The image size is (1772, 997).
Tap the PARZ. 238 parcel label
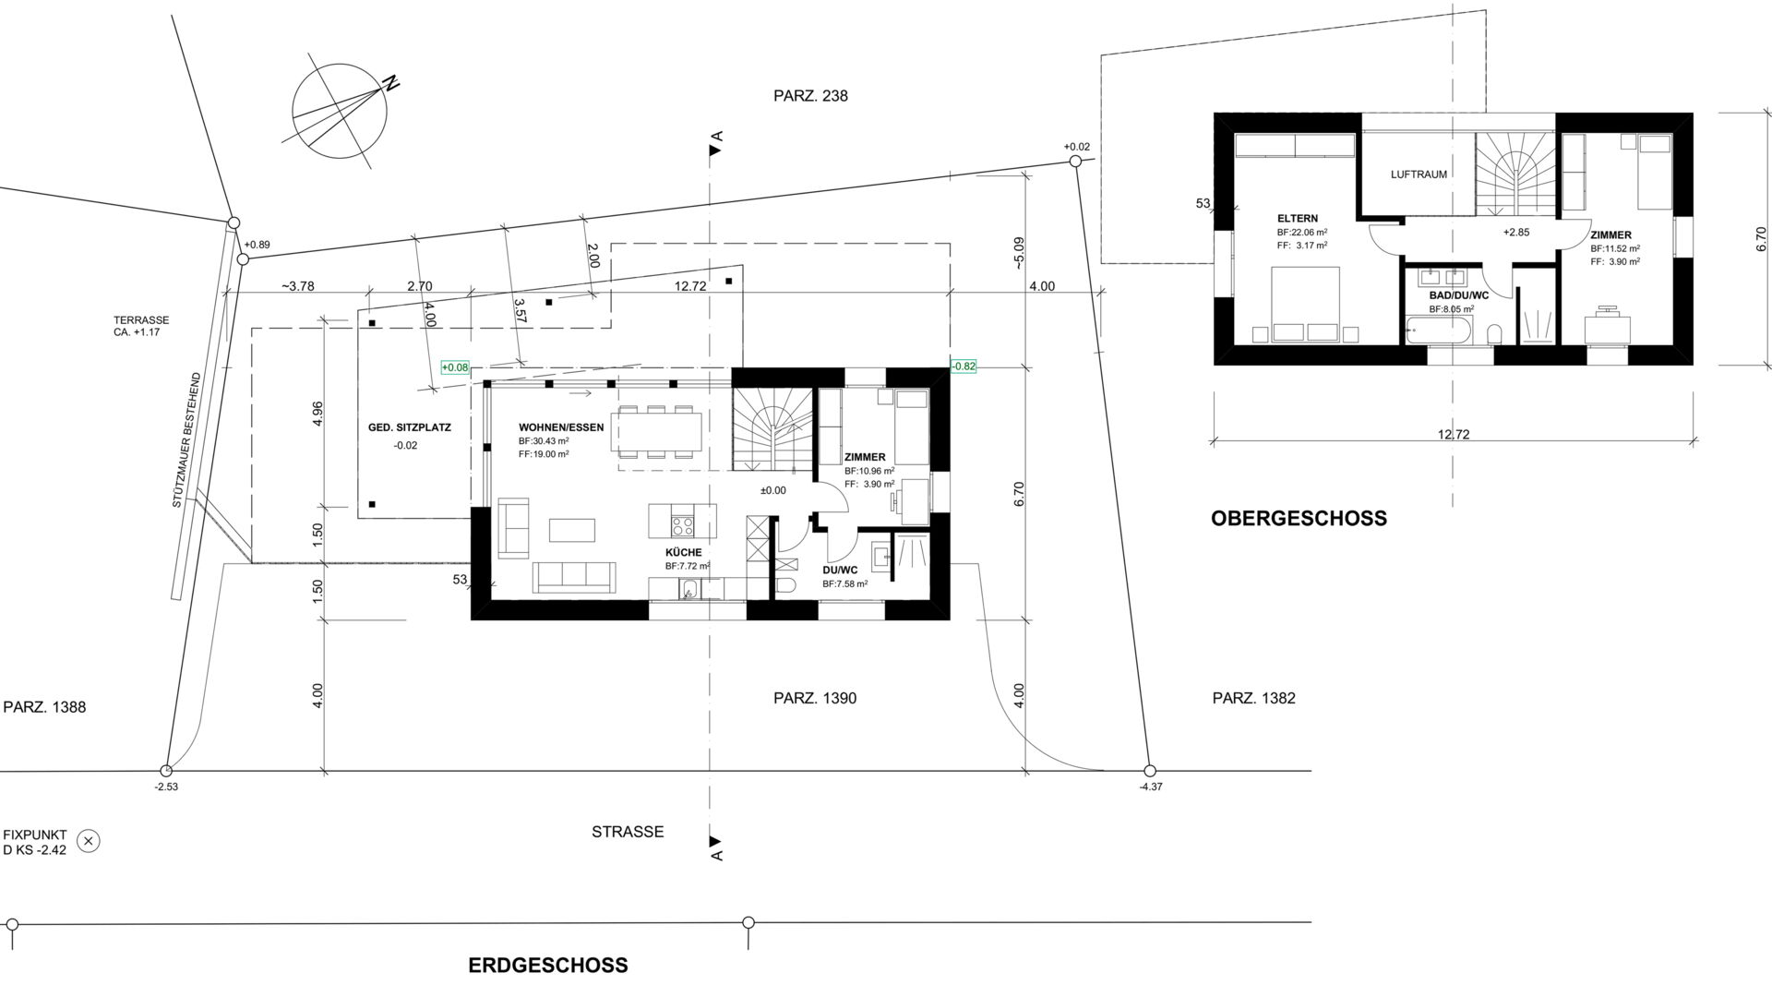[810, 96]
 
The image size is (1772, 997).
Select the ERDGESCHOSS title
[548, 966]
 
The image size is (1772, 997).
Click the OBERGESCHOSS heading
[1299, 518]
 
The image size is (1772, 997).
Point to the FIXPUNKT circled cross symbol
[89, 841]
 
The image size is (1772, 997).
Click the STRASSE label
[628, 832]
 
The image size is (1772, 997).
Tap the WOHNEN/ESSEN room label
[561, 427]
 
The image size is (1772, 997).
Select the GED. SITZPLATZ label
[410, 427]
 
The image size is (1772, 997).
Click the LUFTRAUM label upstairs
[1419, 174]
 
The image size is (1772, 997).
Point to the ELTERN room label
[1298, 219]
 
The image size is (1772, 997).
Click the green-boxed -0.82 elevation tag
[964, 366]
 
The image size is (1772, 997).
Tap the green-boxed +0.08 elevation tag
[455, 367]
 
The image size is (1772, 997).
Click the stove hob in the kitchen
[683, 526]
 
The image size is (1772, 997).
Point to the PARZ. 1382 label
[1253, 699]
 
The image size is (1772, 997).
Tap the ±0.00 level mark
[772, 491]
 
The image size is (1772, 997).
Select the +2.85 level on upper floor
[1515, 233]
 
